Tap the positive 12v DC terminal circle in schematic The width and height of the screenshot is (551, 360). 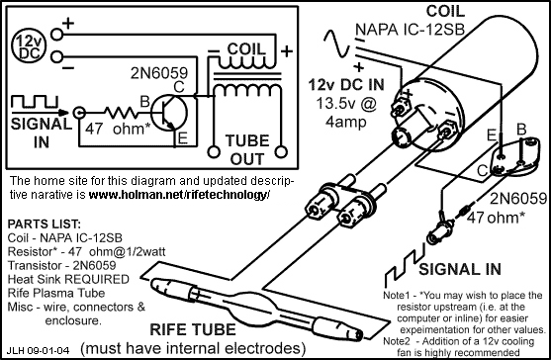click(57, 35)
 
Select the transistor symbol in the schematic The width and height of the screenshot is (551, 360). click(169, 113)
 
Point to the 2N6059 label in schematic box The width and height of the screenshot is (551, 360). click(159, 73)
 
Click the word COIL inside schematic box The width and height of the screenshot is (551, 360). click(245, 48)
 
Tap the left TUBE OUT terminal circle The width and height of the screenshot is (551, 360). click(214, 152)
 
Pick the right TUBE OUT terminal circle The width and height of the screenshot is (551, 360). click(281, 152)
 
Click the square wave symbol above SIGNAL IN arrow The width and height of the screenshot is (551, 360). click(35, 101)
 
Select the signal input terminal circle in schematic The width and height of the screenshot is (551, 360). click(79, 113)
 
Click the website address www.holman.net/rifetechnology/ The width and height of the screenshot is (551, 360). click(179, 195)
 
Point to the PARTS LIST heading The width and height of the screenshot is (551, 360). click(45, 225)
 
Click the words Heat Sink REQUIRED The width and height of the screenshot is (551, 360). click(68, 279)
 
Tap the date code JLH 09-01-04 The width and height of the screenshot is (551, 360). click(38, 350)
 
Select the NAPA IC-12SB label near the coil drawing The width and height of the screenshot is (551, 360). click(410, 30)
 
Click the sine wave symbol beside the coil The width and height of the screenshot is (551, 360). click(336, 44)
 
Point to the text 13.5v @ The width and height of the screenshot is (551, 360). click(346, 104)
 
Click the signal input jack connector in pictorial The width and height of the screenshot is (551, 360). click(438, 230)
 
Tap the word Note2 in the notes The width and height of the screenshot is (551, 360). click(397, 341)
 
